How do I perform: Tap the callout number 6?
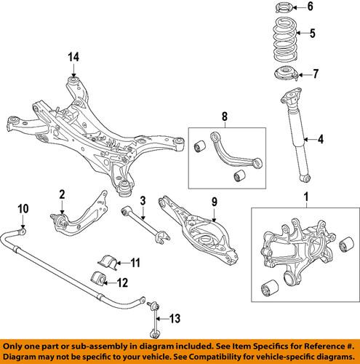tap(310, 8)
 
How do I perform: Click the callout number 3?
tap(144, 201)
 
